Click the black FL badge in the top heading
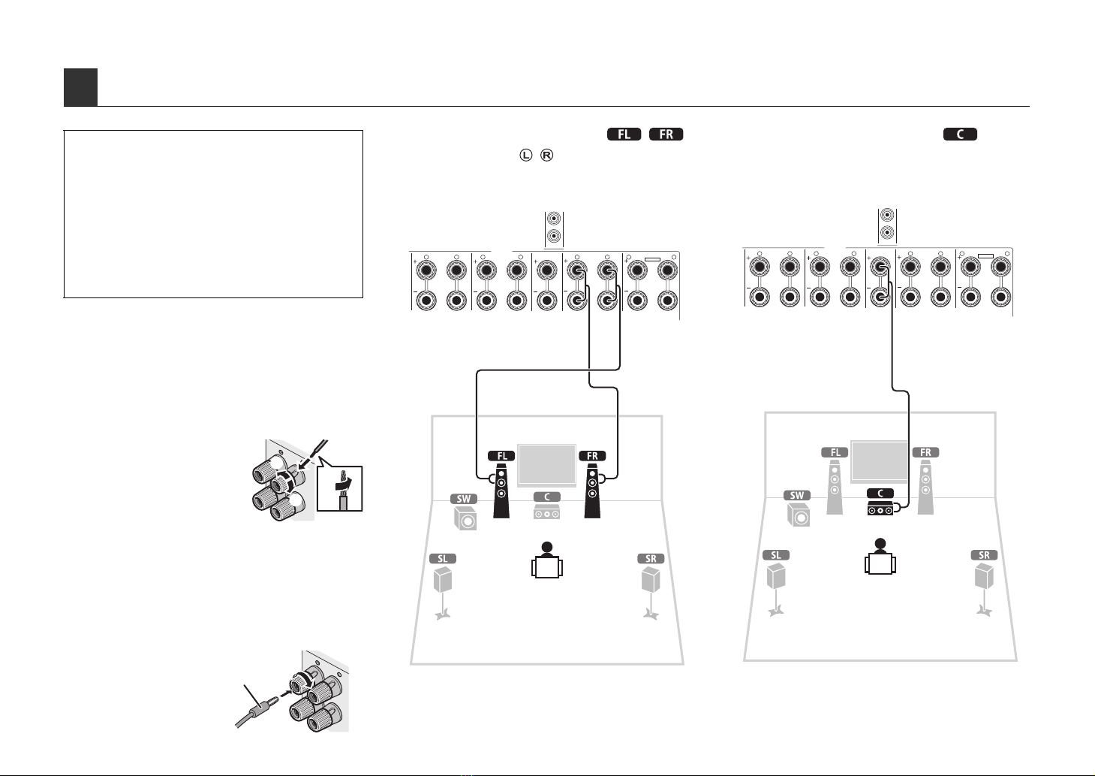point(624,134)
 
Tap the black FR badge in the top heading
point(666,134)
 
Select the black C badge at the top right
point(960,134)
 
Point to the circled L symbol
point(525,156)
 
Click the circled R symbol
point(546,156)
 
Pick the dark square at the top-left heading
point(80,87)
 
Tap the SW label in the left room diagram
point(463,499)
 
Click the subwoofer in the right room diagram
point(799,515)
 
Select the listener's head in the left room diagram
point(547,547)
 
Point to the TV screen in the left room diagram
point(546,465)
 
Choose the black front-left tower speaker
point(501,491)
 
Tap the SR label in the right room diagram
point(984,555)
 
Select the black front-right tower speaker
point(592,491)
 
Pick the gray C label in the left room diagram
point(546,497)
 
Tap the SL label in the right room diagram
point(776,555)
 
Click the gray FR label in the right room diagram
point(925,452)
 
